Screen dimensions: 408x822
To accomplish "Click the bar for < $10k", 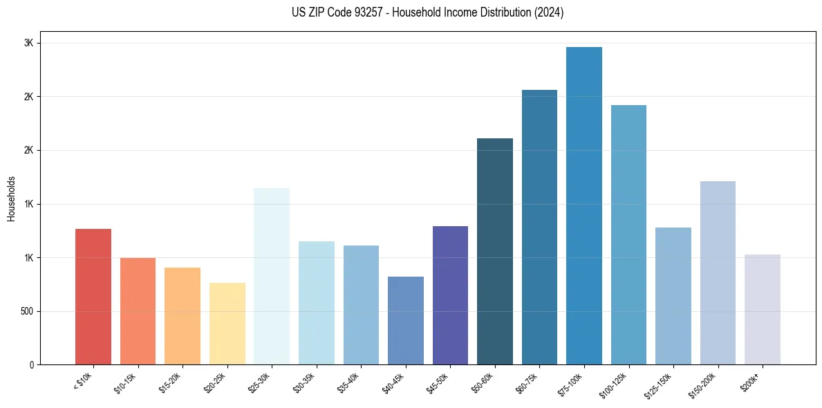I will pos(93,297).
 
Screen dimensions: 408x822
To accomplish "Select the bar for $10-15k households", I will pos(138,311).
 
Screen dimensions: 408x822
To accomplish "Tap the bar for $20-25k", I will pos(227,324).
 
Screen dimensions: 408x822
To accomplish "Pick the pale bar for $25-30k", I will pos(272,276).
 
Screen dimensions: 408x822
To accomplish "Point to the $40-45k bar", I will pos(406,320).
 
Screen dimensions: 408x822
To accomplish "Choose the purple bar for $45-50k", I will pos(450,295).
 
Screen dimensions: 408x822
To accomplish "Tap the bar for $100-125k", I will pos(628,234).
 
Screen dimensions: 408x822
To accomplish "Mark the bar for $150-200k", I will pos(718,272).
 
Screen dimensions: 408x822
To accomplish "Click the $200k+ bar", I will pos(763,309).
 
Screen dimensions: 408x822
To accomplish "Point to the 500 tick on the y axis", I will pos(27,311).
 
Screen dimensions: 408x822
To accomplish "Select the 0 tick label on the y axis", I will pos(31,364).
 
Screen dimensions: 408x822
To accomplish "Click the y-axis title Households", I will pos(11,198).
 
